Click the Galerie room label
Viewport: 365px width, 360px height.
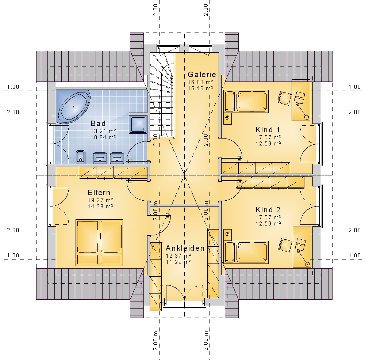[x=202, y=75]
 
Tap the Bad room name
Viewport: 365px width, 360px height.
[x=98, y=123]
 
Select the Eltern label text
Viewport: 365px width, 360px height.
[x=99, y=193]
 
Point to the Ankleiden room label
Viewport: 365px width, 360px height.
[x=185, y=248]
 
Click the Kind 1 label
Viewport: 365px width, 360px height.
[x=268, y=130]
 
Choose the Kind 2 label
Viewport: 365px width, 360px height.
[x=268, y=210]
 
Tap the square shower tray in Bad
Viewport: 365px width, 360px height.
[x=138, y=123]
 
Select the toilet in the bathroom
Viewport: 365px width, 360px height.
[x=81, y=157]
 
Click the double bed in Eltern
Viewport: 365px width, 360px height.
[x=99, y=242]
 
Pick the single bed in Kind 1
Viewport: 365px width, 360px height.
[x=246, y=102]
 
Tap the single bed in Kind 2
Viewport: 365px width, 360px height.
[x=246, y=253]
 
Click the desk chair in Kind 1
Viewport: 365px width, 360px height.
[x=284, y=98]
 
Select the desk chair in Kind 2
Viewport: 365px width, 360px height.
[x=285, y=245]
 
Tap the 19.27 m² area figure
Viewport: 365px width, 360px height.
[x=100, y=200]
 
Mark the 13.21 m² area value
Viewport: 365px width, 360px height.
[x=103, y=131]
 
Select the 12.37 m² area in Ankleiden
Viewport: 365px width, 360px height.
[x=178, y=256]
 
